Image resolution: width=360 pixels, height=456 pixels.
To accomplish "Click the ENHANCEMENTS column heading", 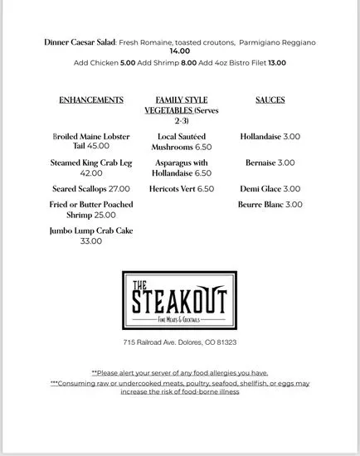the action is [x=91, y=99].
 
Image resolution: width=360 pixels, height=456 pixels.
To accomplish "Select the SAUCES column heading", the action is [x=270, y=99].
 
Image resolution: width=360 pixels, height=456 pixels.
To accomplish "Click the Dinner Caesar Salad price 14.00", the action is [x=180, y=51].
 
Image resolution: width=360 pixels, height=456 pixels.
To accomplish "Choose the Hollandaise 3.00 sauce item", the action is [x=270, y=136].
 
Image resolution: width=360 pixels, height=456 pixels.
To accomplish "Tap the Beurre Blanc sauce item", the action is [x=270, y=203].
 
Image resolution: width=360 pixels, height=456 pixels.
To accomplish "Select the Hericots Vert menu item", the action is [x=180, y=189].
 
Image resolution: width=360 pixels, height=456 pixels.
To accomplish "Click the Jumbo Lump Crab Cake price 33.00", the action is [x=91, y=241].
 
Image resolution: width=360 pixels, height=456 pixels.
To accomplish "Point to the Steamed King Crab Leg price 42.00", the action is [x=91, y=173].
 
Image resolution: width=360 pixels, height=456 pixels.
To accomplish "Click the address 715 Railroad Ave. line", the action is [x=180, y=342].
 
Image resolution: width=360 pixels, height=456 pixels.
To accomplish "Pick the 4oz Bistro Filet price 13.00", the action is [x=277, y=62].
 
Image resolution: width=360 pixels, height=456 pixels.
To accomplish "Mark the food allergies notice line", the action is [x=180, y=373].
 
